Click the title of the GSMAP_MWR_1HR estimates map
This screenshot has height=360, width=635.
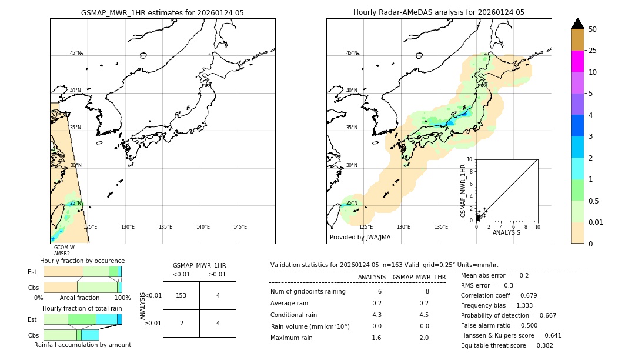click(162, 12)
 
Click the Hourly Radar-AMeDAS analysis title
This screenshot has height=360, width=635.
click(439, 12)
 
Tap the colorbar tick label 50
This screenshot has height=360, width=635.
click(593, 29)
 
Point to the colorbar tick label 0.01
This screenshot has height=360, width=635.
click(596, 222)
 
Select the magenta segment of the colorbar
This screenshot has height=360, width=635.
click(578, 61)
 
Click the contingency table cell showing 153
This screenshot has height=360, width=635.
click(181, 295)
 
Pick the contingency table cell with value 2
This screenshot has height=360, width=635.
click(181, 324)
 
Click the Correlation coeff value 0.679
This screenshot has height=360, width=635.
click(524, 295)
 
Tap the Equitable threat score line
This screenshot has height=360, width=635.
click(507, 345)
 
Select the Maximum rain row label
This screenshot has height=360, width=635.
click(295, 338)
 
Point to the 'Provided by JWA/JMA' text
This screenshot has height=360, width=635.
click(360, 238)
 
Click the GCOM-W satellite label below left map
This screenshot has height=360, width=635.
click(64, 248)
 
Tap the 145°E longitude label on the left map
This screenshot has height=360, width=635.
click(240, 227)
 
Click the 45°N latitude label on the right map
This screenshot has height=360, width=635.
click(352, 53)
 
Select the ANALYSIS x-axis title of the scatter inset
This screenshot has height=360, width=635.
click(506, 232)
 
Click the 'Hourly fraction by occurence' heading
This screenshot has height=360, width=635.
click(82, 261)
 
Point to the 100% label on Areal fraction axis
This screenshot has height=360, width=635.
click(122, 298)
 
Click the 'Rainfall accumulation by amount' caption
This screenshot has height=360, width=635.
click(82, 345)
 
